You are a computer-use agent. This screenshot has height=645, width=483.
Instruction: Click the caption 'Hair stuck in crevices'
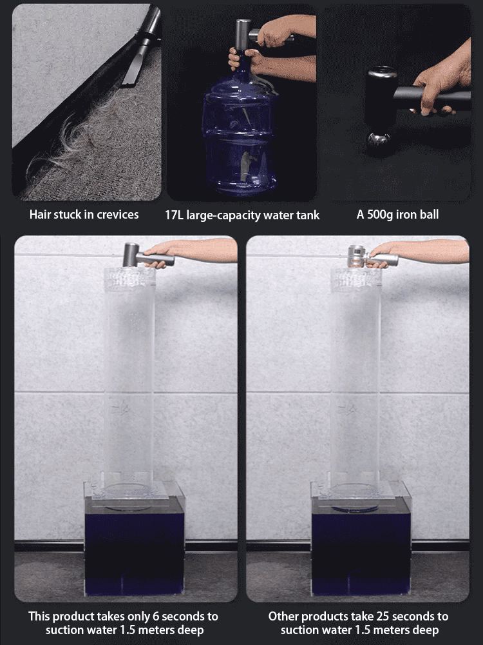tap(84, 214)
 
